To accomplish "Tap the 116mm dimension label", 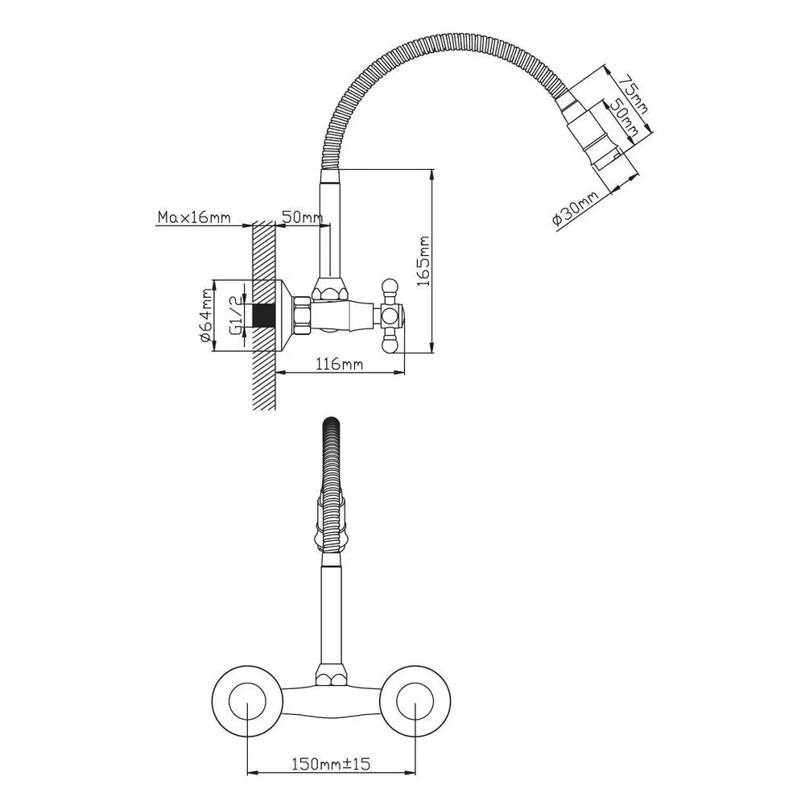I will point(340,364).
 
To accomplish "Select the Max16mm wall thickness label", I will point(194,217).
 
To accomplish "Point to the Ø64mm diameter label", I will point(205,316).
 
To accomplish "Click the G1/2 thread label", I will point(234,316).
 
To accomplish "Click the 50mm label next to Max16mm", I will point(302,217).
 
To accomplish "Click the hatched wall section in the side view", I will point(264,314).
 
